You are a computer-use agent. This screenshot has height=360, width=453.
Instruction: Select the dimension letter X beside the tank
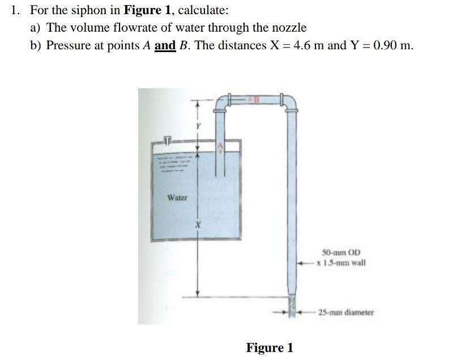point(198,225)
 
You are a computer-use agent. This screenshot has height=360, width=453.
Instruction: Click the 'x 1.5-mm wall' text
point(341,263)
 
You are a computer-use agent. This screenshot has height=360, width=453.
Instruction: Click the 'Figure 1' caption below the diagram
point(270,347)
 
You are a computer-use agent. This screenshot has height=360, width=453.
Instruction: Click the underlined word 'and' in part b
point(164,45)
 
